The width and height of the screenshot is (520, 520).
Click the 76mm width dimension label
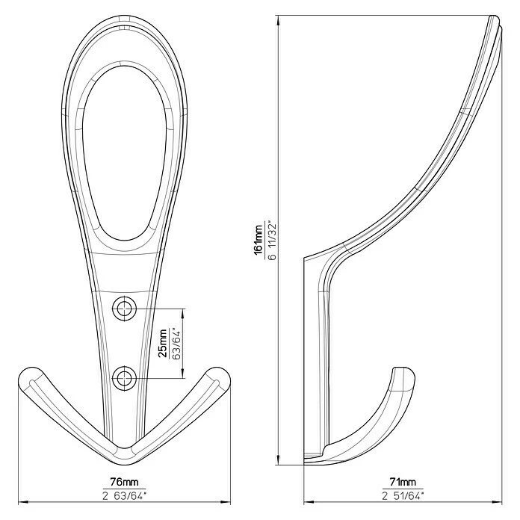[x=124, y=482]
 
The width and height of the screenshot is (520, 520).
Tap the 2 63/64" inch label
[x=124, y=496]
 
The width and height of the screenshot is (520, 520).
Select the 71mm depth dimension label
[x=403, y=482]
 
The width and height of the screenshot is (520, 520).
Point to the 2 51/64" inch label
[x=403, y=496]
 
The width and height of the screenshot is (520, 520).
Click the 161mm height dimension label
[x=259, y=239]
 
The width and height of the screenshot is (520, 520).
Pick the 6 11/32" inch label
[x=272, y=239]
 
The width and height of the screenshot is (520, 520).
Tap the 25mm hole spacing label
[x=163, y=343]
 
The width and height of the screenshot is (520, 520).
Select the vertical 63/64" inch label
[x=176, y=343]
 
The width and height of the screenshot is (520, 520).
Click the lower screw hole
[x=124, y=378]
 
